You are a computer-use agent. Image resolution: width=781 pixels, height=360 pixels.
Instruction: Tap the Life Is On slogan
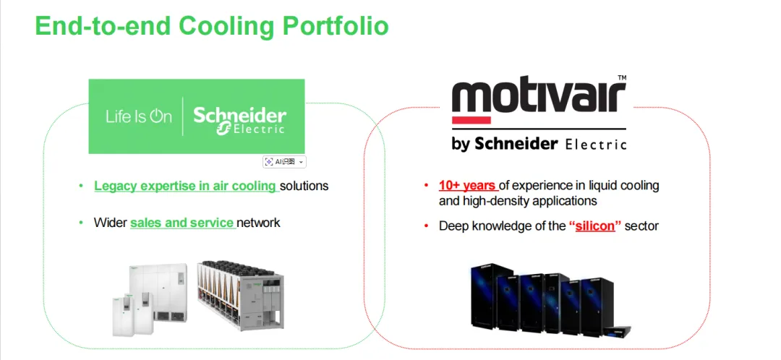[x=138, y=116]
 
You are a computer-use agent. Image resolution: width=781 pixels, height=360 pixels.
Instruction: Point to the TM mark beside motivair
[x=622, y=78]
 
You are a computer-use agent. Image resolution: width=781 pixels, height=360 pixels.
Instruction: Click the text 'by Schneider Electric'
[x=538, y=144]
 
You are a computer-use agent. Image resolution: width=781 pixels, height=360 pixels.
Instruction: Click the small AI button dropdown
[x=285, y=162]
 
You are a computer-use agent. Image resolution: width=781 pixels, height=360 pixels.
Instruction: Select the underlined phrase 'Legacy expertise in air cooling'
[x=185, y=186]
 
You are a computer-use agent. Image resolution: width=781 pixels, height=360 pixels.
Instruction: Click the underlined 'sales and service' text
[x=182, y=223]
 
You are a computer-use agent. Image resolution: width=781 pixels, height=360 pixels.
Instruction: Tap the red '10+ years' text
[x=467, y=186]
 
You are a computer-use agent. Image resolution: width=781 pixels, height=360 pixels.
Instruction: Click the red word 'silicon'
[x=595, y=226]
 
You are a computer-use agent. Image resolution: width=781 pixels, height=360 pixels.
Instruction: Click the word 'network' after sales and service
[x=259, y=223]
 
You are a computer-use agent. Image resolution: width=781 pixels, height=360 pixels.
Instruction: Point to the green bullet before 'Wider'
[x=82, y=223]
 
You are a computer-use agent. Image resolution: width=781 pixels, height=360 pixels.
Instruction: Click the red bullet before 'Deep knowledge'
[x=427, y=226]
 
